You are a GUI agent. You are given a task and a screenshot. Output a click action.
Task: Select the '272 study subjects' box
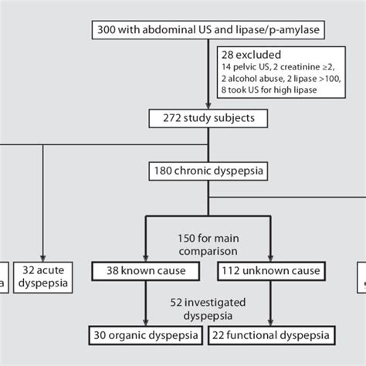208,120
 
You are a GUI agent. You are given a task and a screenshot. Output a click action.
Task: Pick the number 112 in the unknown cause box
235,271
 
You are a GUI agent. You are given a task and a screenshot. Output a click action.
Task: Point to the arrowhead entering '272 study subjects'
208,107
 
